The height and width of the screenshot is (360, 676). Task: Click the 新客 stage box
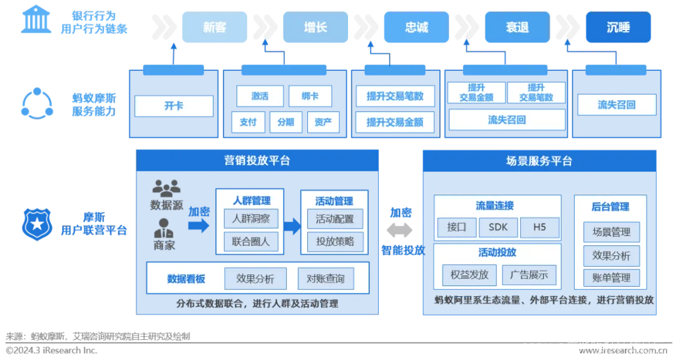(214, 27)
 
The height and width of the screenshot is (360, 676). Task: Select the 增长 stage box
(315, 27)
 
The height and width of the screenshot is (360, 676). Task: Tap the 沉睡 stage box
(618, 27)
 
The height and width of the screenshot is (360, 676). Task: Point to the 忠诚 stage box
(416, 27)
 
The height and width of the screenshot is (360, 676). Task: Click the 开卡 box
(173, 106)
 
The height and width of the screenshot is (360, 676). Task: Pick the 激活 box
(260, 96)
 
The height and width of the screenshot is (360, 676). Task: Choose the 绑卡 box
(310, 96)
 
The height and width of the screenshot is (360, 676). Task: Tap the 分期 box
(285, 122)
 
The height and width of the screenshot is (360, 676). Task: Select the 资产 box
(323, 122)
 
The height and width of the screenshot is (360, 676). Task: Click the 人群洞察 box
(250, 219)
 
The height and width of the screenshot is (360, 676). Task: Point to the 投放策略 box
(335, 241)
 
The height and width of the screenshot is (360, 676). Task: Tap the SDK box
(498, 227)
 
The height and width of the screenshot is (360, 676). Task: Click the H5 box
(539, 227)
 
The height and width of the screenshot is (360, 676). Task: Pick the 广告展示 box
(529, 274)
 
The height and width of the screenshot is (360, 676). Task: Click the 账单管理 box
(611, 277)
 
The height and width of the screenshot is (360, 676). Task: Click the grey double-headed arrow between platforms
(399, 230)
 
